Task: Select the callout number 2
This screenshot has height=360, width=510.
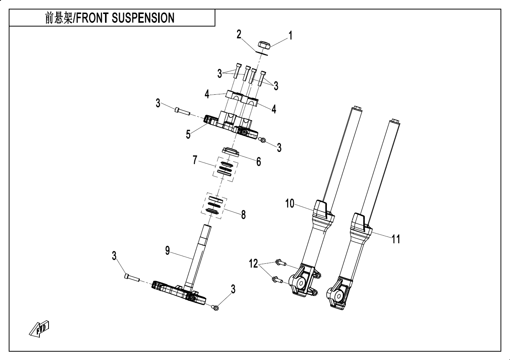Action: pyautogui.click(x=239, y=34)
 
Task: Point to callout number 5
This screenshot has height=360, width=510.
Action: pyautogui.click(x=188, y=135)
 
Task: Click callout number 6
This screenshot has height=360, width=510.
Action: pyautogui.click(x=259, y=162)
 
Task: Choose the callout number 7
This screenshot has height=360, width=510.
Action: pyautogui.click(x=195, y=160)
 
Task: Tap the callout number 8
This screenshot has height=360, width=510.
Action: pyautogui.click(x=243, y=214)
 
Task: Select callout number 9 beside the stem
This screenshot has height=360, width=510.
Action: pyautogui.click(x=168, y=250)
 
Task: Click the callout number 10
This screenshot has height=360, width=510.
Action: pyautogui.click(x=290, y=204)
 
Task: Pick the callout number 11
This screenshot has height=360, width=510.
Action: pyautogui.click(x=396, y=239)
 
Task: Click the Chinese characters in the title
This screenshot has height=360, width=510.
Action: pyautogui.click(x=59, y=18)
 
